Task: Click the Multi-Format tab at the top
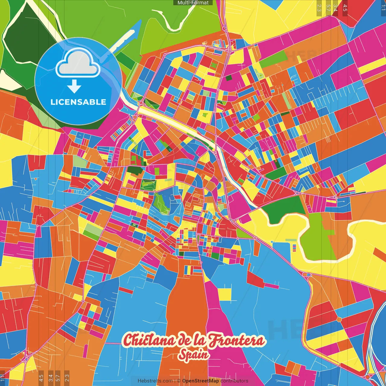coord(193,3)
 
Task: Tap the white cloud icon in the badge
coord(78,64)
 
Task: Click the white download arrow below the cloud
coord(74,87)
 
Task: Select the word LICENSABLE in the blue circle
coord(78,102)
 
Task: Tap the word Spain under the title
coord(194,355)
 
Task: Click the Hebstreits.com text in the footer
coord(155,381)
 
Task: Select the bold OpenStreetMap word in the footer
coord(201,381)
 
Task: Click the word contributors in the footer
coord(234,381)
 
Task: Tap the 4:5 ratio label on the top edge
coord(345,8)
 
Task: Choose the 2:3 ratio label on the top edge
coord(319,8)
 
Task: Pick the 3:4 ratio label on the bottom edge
coord(51,378)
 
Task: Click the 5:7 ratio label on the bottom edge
coord(58,378)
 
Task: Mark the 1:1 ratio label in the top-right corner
coord(383,8)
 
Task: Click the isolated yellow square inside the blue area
coord(225,295)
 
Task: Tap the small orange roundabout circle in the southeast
coord(339,319)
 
